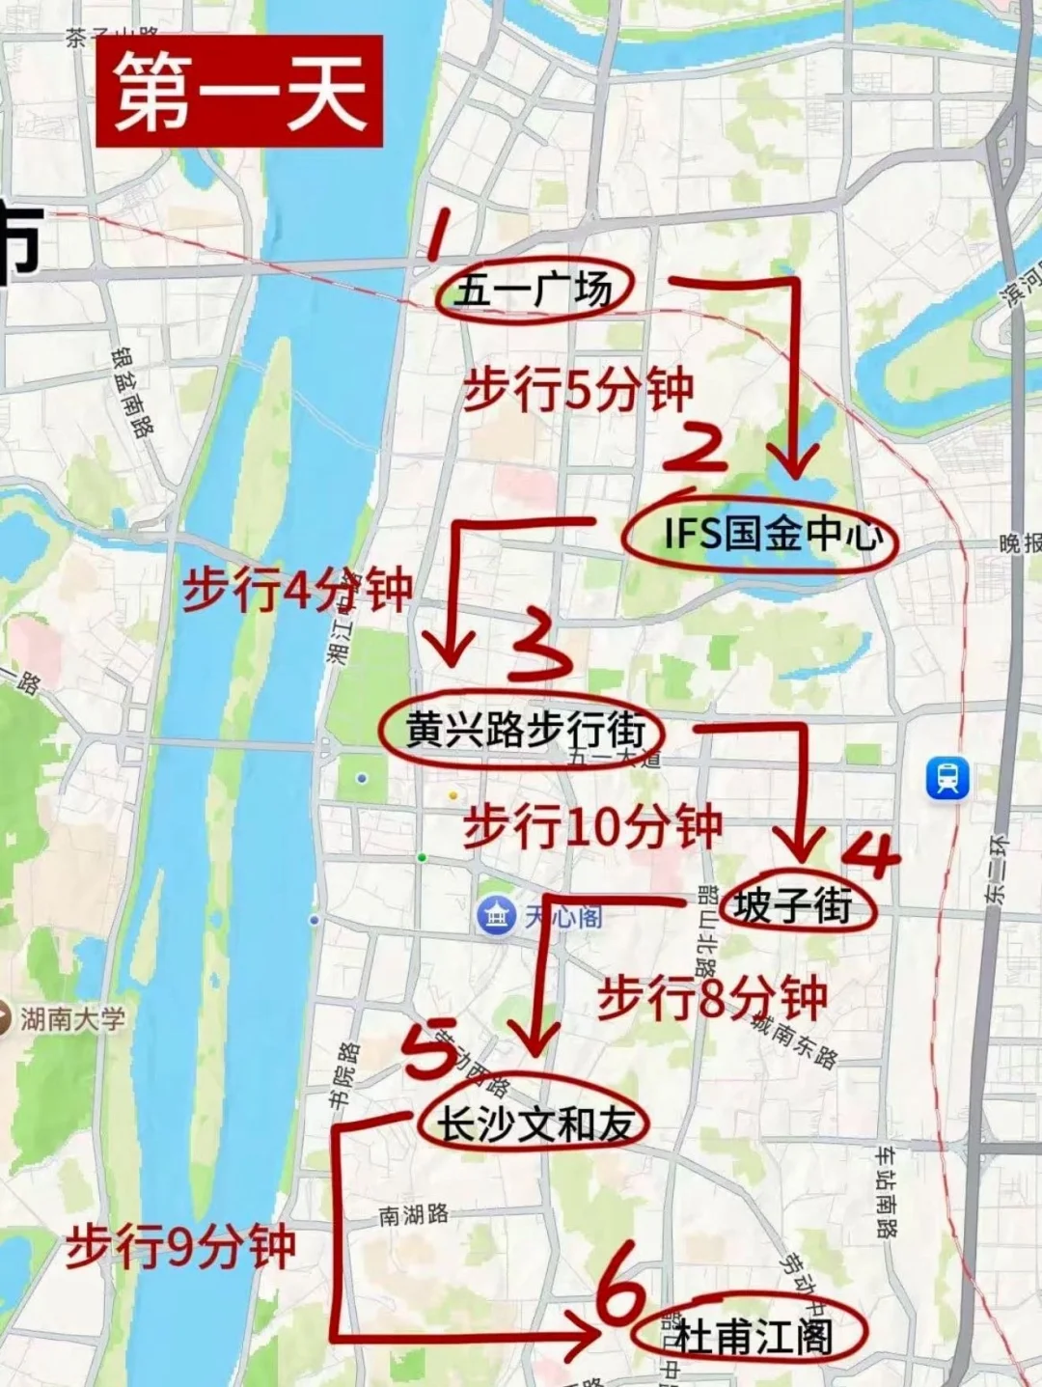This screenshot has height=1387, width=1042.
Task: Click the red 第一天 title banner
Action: click(x=239, y=93)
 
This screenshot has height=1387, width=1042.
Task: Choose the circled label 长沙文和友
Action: click(x=535, y=1123)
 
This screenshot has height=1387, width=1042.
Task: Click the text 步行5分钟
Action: click(x=578, y=390)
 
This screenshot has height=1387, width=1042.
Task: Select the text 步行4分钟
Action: click(x=297, y=590)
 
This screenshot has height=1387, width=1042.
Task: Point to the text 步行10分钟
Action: click(x=592, y=826)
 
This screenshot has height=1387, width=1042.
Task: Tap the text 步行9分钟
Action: click(x=180, y=1247)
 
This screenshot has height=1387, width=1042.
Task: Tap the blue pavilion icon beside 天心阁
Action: click(x=498, y=915)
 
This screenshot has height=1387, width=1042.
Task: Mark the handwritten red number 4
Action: click(x=873, y=853)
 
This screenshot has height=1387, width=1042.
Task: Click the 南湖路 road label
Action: click(x=414, y=1214)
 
